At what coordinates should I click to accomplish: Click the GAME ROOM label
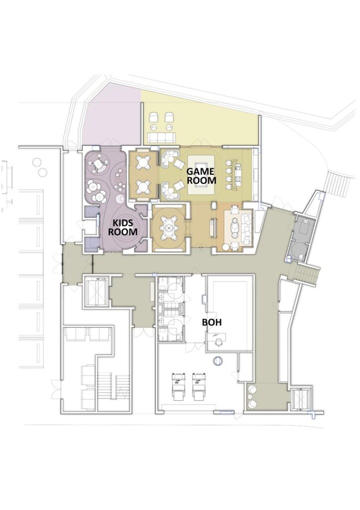(x=201, y=176)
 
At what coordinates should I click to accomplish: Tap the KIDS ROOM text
(x=122, y=227)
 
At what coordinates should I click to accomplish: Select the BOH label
(x=212, y=322)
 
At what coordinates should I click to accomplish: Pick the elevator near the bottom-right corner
(x=300, y=397)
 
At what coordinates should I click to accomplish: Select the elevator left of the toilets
(x=96, y=290)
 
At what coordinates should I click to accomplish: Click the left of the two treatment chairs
(x=177, y=386)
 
